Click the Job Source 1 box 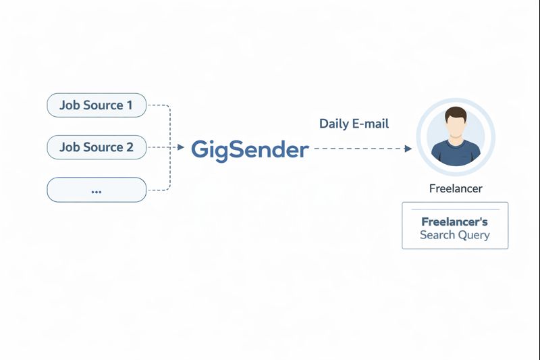click(96, 105)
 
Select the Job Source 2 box click(96, 147)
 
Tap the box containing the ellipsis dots click(96, 190)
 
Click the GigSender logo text click(250, 149)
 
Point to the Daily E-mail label click(354, 124)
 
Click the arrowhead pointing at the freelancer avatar click(408, 149)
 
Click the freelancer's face click(456, 126)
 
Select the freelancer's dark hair click(456, 113)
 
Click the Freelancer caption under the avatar click(456, 188)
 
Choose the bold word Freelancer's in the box click(454, 222)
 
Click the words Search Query click(454, 235)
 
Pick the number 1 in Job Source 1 click(130, 105)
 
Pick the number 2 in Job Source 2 click(130, 147)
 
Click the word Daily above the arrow click(333, 124)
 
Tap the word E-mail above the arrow click(371, 124)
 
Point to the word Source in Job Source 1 click(102, 105)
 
